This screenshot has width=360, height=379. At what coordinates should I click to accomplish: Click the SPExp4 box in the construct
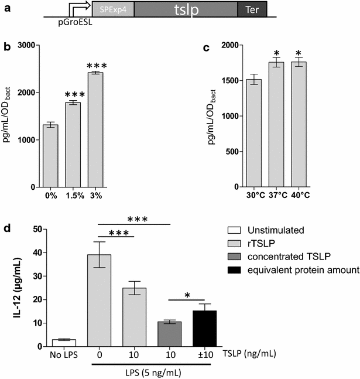tap(113, 9)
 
